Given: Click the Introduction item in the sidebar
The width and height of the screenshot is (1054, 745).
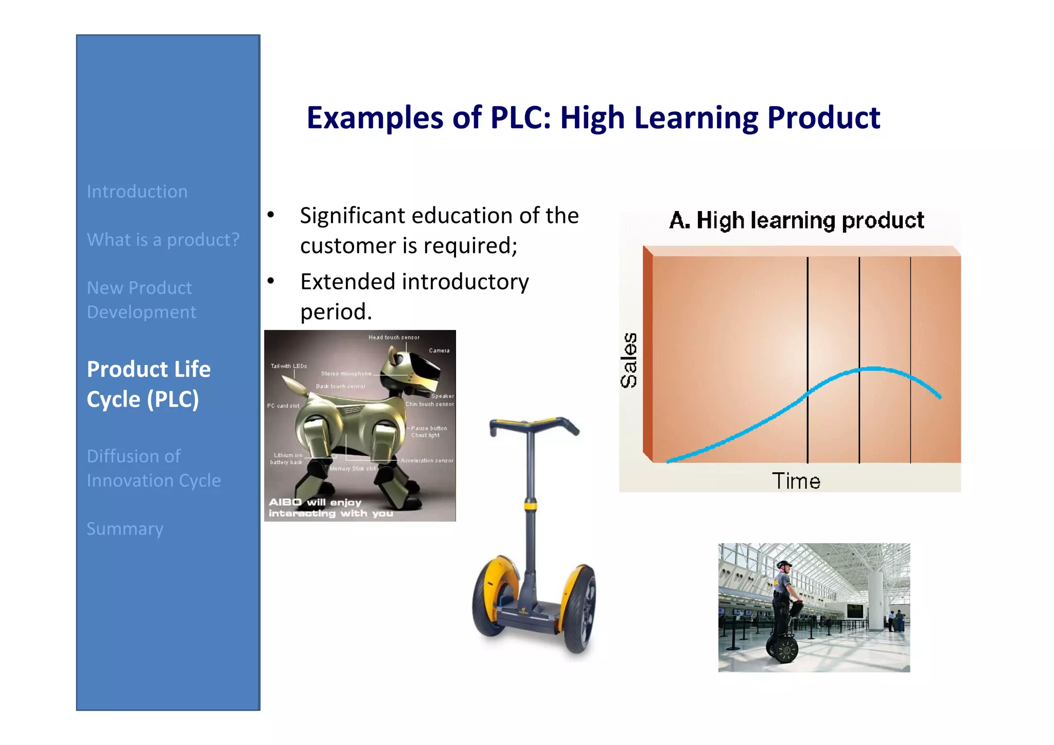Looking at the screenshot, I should click(137, 192).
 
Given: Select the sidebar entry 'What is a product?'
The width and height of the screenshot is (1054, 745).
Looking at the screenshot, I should click(163, 240).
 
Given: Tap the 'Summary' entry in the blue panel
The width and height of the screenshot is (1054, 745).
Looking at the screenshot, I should click(125, 529).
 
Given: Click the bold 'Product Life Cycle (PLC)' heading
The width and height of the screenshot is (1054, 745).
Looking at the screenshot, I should click(148, 384).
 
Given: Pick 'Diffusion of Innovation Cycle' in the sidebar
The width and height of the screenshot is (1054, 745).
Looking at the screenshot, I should click(153, 468).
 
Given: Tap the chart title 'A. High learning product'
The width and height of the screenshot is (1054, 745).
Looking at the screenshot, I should click(796, 220).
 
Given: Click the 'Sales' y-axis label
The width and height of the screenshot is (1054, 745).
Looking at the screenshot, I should click(629, 360).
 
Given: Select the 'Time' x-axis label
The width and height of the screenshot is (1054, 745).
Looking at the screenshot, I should click(796, 481).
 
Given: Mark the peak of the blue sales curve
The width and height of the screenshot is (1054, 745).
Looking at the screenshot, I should click(872, 368).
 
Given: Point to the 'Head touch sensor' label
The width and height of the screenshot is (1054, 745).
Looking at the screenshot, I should click(394, 337).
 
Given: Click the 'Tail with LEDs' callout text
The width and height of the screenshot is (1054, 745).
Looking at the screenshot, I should click(289, 366).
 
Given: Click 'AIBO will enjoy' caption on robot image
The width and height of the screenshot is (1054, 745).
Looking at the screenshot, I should click(315, 502).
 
